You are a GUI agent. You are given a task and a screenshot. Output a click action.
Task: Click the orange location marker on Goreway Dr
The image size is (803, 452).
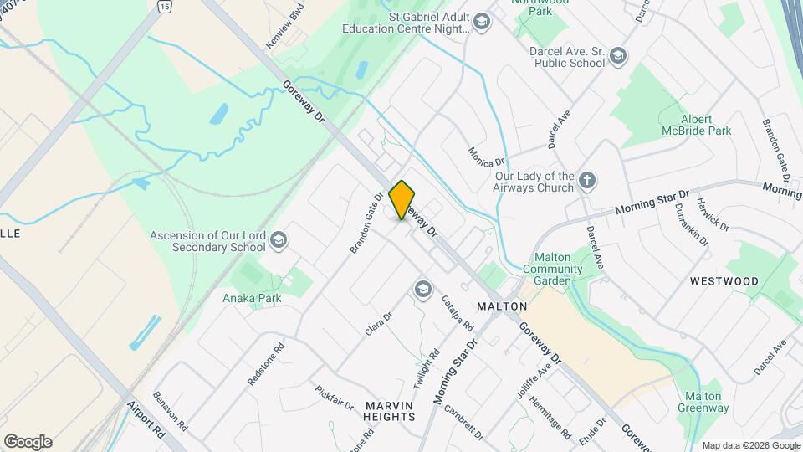402,200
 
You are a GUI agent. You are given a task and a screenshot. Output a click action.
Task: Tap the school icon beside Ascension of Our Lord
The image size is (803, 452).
279,242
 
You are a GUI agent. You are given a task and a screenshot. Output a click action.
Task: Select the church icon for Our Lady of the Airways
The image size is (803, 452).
588,181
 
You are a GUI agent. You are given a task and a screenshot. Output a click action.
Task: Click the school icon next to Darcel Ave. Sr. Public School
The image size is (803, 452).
617,56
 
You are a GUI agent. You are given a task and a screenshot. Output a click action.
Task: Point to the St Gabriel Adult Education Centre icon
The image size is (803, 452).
481,22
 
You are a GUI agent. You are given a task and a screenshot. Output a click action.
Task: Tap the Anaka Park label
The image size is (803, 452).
251,298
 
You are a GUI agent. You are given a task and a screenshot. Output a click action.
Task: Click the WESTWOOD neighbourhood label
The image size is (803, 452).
724,281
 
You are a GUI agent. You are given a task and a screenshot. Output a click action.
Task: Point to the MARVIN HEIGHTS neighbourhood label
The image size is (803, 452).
390,410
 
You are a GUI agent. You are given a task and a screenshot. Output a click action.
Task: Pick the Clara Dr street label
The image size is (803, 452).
379,325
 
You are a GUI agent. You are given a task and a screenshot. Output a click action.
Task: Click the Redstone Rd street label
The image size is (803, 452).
266,362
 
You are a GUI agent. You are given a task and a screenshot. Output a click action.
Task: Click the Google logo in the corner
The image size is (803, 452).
28,441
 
